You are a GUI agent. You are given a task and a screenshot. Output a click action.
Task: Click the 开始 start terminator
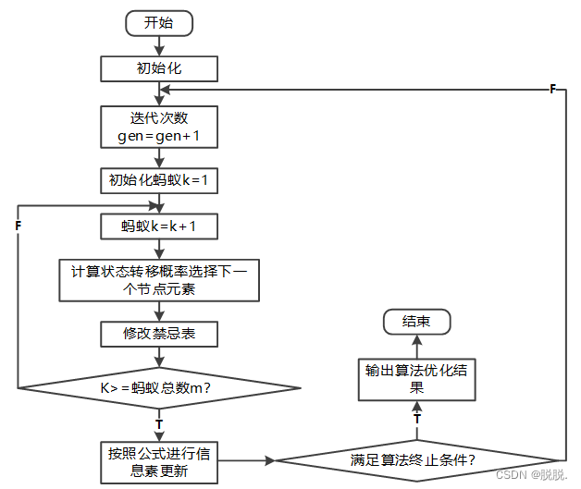tap(159, 23)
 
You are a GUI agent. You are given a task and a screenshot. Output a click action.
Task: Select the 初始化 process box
tap(159, 68)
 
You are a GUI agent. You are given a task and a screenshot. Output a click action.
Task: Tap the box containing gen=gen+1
tap(159, 127)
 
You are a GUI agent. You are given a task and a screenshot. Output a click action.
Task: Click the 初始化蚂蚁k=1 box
tap(159, 180)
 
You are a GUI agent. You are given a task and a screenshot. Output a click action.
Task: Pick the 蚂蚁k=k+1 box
tap(159, 226)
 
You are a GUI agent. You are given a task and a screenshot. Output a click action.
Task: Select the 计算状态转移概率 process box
tap(159, 279)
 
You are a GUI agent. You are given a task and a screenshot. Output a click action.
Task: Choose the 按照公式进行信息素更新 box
tap(159, 461)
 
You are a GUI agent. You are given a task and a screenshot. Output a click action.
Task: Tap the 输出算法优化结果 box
tap(416, 379)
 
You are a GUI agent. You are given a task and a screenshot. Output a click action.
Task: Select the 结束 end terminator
tap(416, 322)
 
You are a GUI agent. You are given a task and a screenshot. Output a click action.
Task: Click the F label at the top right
tap(552, 89)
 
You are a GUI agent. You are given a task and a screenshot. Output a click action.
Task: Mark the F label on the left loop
tap(19, 225)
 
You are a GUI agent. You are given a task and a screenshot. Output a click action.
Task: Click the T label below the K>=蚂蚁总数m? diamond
tap(159, 423)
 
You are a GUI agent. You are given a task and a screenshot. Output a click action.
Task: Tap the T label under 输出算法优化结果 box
tap(416, 419)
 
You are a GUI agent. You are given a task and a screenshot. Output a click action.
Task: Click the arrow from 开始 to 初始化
tap(159, 46)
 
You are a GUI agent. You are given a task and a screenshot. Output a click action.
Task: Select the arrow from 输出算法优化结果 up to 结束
tap(416, 347)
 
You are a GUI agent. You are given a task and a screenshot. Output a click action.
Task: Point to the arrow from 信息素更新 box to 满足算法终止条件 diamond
tap(248, 459)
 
